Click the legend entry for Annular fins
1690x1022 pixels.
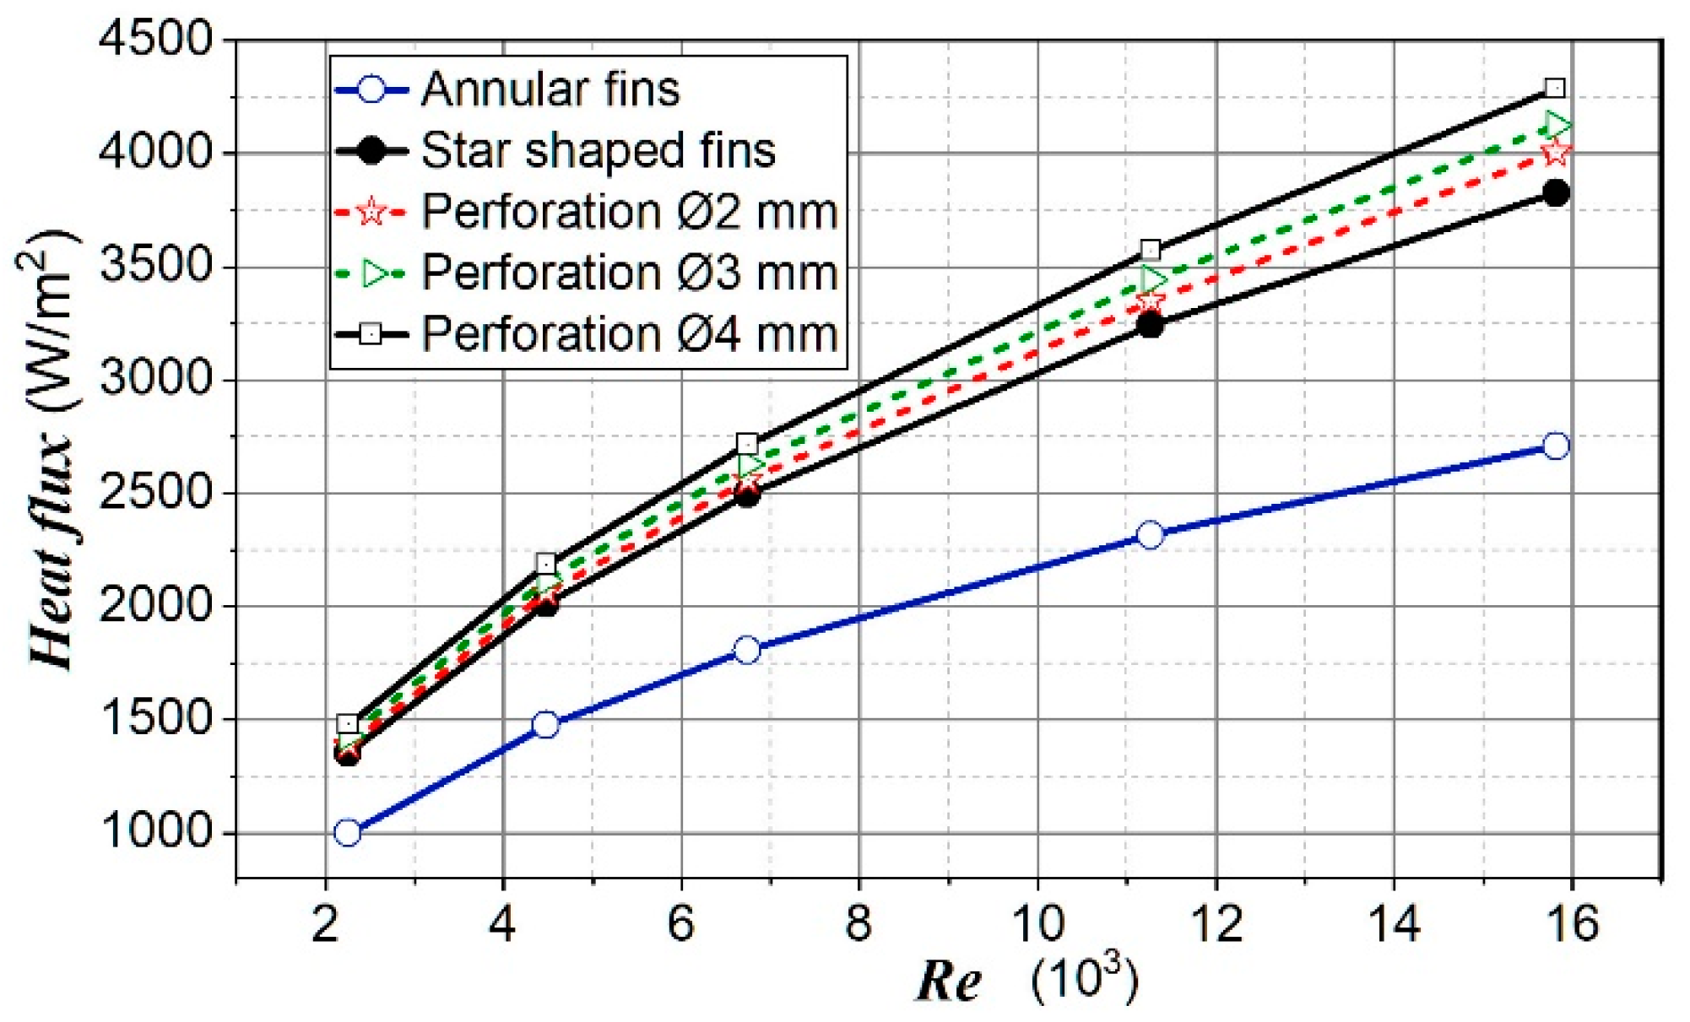[x=550, y=89]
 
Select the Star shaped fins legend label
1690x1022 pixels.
[x=598, y=151]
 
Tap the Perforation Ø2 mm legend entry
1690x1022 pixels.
[x=629, y=212]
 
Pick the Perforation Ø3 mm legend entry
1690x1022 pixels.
[x=629, y=273]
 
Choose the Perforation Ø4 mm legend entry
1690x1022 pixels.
[x=629, y=334]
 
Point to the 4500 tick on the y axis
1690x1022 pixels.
[x=157, y=40]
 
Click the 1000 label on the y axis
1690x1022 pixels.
[x=157, y=832]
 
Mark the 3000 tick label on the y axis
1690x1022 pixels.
[x=157, y=379]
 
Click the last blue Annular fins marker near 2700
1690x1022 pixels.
[x=1556, y=446]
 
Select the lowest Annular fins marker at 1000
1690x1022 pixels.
[x=347, y=833]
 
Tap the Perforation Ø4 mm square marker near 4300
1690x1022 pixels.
[x=1555, y=88]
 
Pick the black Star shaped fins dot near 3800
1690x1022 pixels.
[x=1556, y=193]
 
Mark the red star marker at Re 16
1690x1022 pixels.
[x=1556, y=153]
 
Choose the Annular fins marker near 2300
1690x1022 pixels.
[x=1150, y=534]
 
